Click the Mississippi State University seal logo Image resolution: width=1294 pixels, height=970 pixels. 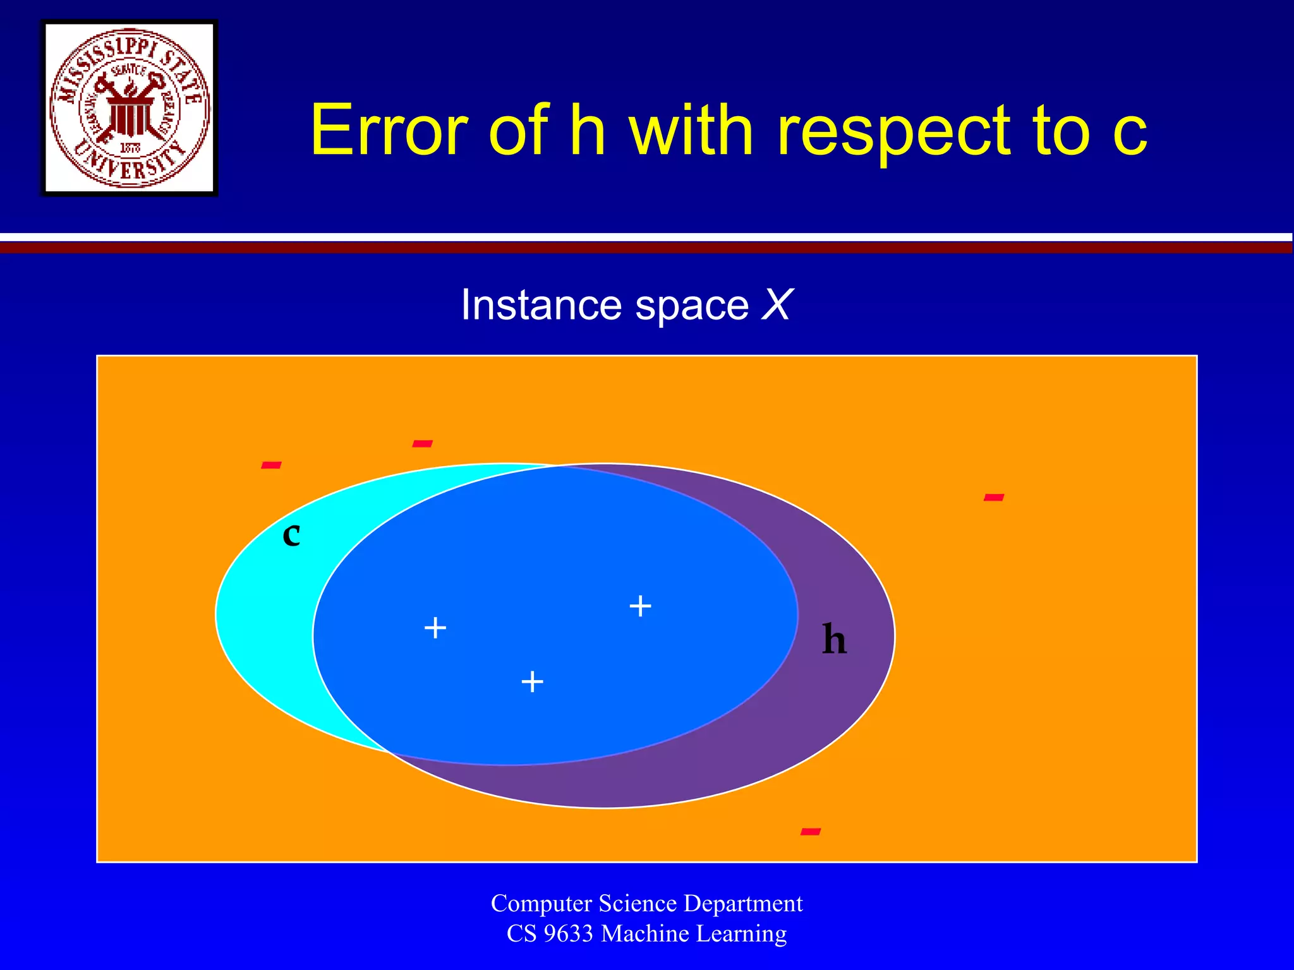point(130,108)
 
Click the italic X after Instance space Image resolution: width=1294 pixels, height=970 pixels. point(776,305)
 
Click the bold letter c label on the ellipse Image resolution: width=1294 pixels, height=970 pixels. point(291,535)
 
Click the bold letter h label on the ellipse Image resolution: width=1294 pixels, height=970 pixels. point(834,640)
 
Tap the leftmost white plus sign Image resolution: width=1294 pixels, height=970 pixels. point(435,628)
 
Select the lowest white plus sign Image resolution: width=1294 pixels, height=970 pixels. point(533,681)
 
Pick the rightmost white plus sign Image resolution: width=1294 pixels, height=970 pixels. point(640,606)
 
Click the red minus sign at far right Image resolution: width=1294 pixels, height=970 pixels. point(994,498)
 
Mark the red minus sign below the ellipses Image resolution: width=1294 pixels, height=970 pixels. point(811,832)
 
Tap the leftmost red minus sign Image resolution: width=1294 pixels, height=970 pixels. point(271,466)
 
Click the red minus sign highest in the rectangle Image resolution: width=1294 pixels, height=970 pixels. point(422,444)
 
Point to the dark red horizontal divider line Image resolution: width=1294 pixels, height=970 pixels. point(647,248)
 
